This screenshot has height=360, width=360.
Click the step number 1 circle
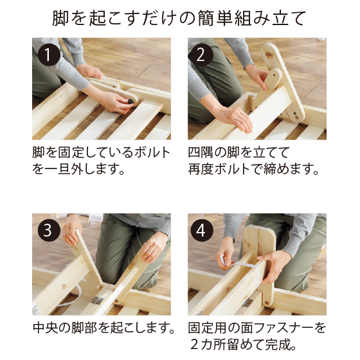49,55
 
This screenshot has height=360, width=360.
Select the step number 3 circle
49,230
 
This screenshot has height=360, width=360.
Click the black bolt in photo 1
130,102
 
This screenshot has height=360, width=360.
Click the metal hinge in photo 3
97,300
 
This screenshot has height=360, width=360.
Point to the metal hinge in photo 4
248,303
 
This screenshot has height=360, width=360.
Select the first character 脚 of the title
60,18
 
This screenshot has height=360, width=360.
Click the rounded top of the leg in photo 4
260,230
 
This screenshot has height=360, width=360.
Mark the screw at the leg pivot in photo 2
297,118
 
